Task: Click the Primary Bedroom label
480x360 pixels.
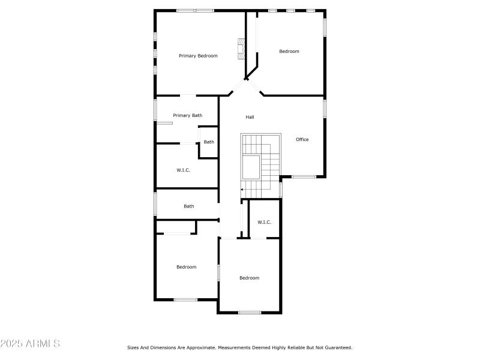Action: [198, 56]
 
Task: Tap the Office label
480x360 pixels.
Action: [302, 140]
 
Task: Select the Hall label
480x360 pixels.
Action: [250, 117]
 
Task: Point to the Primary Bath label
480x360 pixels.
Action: [188, 115]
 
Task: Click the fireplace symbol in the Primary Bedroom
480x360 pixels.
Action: [242, 49]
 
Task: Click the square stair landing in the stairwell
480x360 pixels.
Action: [251, 166]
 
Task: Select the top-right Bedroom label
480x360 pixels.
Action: [289, 52]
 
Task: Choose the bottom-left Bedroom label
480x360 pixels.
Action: [186, 267]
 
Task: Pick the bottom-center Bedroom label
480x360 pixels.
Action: [250, 278]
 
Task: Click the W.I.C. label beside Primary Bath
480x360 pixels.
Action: [184, 170]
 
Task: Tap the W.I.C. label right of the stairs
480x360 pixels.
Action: [265, 223]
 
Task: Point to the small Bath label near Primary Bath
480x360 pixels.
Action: [209, 142]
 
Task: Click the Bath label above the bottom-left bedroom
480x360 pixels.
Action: [189, 206]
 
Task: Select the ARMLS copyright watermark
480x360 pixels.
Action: [30, 344]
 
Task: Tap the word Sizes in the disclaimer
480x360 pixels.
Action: [133, 347]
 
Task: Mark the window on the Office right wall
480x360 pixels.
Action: [325, 108]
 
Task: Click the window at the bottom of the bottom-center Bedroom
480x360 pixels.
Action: [250, 312]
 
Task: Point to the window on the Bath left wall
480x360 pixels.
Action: [155, 203]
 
